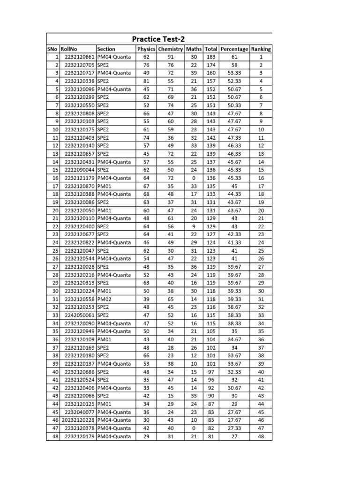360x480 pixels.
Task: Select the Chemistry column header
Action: [171, 49]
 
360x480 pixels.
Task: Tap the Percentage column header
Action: [234, 49]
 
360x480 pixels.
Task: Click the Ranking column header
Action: [261, 49]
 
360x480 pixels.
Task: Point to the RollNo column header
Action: [69, 49]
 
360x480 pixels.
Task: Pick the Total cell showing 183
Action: [211, 57]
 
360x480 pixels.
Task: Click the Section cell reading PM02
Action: [104, 299]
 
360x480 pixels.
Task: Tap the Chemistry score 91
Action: [171, 57]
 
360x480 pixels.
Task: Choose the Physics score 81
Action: [146, 81]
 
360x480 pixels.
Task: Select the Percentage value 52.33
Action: [234, 81]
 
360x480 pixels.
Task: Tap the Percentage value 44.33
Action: [234, 194]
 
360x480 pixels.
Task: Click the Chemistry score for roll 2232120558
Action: [171, 299]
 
